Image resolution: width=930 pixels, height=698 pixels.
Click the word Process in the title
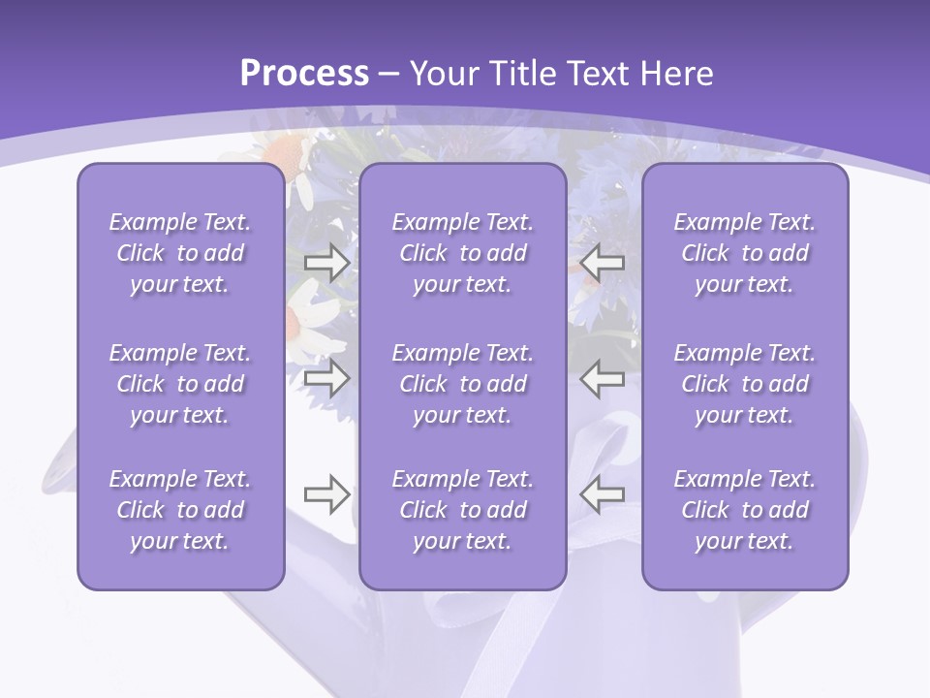click(304, 74)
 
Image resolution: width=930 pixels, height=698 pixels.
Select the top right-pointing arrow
click(326, 263)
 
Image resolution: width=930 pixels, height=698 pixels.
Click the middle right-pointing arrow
click(326, 378)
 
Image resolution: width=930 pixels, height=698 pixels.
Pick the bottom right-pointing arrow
click(326, 495)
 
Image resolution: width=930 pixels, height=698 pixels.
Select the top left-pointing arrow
click(603, 263)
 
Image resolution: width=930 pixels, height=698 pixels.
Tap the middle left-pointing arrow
click(603, 378)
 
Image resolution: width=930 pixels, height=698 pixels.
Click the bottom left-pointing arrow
click(603, 495)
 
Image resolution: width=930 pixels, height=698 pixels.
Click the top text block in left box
click(180, 253)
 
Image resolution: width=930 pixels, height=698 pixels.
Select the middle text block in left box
click(180, 384)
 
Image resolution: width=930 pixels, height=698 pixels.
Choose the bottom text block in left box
click(180, 510)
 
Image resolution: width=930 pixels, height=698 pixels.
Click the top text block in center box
click(462, 253)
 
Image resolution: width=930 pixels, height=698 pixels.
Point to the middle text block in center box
click(462, 384)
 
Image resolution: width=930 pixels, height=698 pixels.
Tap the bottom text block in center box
click(462, 510)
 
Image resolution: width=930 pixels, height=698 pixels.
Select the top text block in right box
click(744, 253)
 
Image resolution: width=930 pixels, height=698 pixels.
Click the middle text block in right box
click(744, 384)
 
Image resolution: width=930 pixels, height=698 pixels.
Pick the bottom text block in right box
click(744, 510)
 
